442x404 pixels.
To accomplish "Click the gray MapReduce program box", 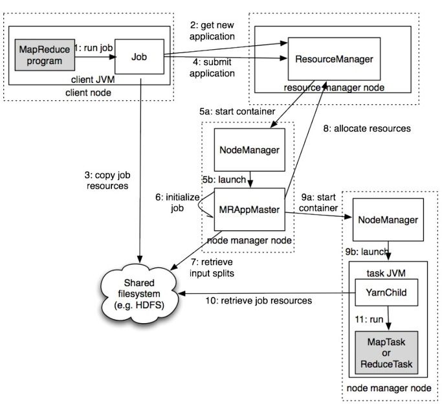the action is coord(45,55).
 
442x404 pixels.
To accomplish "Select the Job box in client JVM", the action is coord(139,57).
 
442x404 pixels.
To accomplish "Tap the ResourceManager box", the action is coord(334,59).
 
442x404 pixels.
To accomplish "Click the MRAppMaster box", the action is coord(249,210).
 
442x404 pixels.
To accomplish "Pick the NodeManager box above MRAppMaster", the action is coord(249,150).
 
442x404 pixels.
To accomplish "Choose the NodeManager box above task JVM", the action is coord(388,219).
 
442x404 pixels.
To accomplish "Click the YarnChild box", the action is coord(386,293).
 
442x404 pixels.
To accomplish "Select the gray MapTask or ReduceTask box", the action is coord(386,353).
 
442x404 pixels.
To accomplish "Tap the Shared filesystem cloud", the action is coord(139,294).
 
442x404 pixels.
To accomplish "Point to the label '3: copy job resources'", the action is coord(107,181).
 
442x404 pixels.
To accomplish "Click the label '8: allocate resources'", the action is coord(367,129).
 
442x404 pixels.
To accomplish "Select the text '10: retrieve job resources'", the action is coord(259,301).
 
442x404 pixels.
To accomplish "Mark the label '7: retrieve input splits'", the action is coord(212,267).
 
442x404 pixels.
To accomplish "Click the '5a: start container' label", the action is coord(237,111).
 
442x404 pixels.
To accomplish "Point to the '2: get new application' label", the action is coord(212,30).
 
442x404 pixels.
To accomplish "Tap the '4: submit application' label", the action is coord(212,68).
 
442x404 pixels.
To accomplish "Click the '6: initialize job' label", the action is coord(177,203).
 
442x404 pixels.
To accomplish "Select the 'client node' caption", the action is coord(88,93).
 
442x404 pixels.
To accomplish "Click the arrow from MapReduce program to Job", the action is coord(96,57).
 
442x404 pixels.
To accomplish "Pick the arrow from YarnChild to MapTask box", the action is coord(388,318).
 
